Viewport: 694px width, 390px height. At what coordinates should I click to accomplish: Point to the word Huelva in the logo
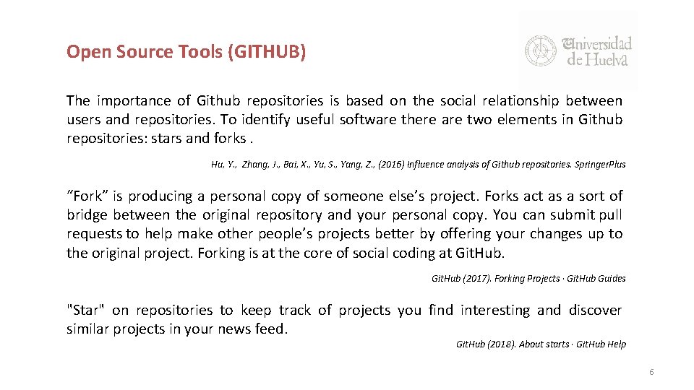(x=607, y=59)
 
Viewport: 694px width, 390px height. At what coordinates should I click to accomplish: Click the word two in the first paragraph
(x=479, y=120)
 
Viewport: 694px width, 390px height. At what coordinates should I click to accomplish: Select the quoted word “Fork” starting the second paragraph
(x=84, y=196)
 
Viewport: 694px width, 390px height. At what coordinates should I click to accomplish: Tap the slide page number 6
(x=651, y=372)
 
